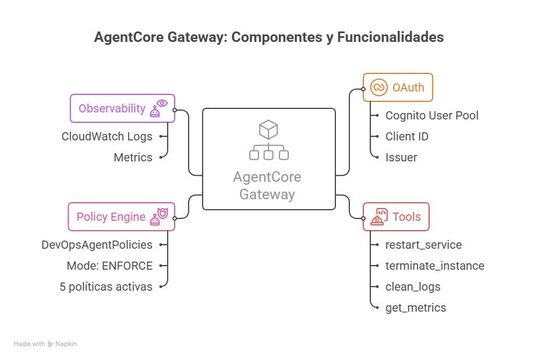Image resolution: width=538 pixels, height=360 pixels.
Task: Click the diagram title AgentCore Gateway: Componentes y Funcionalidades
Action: click(268, 37)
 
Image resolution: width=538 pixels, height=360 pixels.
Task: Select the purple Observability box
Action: click(122, 108)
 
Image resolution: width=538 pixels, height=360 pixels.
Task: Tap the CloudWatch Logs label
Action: click(107, 136)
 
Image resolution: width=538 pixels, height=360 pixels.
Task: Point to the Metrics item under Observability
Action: click(133, 157)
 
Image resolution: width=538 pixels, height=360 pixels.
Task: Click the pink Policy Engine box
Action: click(121, 217)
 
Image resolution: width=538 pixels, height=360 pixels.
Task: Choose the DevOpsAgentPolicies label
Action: click(97, 245)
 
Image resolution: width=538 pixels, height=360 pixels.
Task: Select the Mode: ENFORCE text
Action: click(109, 266)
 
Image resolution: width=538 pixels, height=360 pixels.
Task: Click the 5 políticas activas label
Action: click(106, 287)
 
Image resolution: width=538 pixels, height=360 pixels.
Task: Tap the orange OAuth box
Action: click(398, 87)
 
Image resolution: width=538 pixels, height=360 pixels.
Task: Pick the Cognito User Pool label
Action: click(431, 115)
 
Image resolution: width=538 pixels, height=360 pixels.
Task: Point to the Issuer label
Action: click(401, 157)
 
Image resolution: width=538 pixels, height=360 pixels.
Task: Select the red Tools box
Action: click(396, 217)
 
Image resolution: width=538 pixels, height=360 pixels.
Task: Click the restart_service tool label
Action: click(423, 245)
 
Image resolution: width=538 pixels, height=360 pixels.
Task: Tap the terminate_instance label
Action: click(434, 266)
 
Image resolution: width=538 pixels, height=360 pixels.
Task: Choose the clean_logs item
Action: click(413, 287)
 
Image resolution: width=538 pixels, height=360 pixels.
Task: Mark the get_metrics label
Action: click(416, 308)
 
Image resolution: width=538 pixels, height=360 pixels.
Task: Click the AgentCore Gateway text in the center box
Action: click(268, 186)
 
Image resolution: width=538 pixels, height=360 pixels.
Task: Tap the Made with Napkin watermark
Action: click(45, 344)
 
